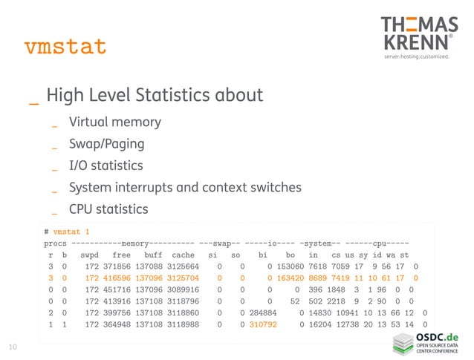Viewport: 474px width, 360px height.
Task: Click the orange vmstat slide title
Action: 65,47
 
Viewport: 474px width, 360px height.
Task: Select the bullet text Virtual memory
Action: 114,122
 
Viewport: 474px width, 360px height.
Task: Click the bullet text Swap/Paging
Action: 106,143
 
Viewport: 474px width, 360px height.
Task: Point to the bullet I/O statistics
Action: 105,165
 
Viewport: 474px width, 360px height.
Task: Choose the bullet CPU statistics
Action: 108,209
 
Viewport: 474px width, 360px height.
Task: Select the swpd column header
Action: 90,254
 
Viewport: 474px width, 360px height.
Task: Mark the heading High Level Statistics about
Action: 155,95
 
